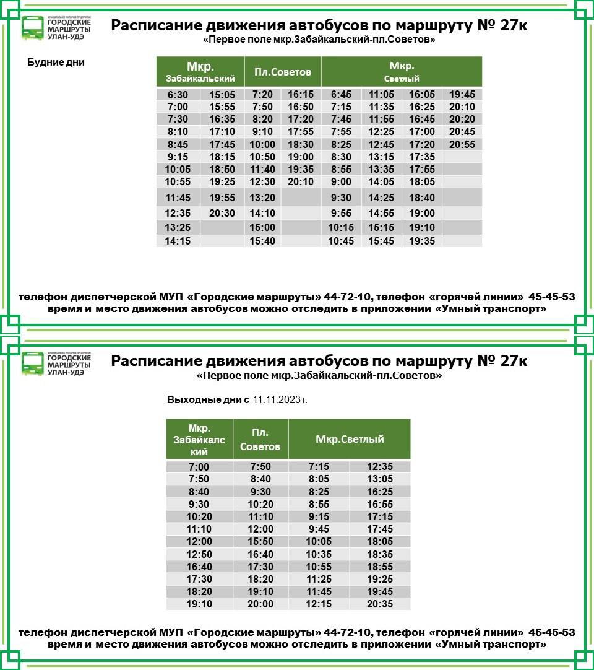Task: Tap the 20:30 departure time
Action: click(x=222, y=213)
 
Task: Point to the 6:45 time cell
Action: click(x=341, y=95)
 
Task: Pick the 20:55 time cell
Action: click(x=462, y=144)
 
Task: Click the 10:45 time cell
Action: click(x=341, y=241)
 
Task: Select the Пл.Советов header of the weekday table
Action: click(x=283, y=72)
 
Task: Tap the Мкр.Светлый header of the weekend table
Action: click(x=350, y=439)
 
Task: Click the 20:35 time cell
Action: click(x=379, y=604)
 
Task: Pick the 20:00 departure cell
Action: click(x=260, y=604)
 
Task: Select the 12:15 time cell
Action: click(x=319, y=604)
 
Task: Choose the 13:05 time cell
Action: click(x=379, y=479)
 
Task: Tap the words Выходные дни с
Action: click(x=208, y=400)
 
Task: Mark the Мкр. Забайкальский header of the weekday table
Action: click(x=200, y=72)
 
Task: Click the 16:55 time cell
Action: click(x=379, y=504)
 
